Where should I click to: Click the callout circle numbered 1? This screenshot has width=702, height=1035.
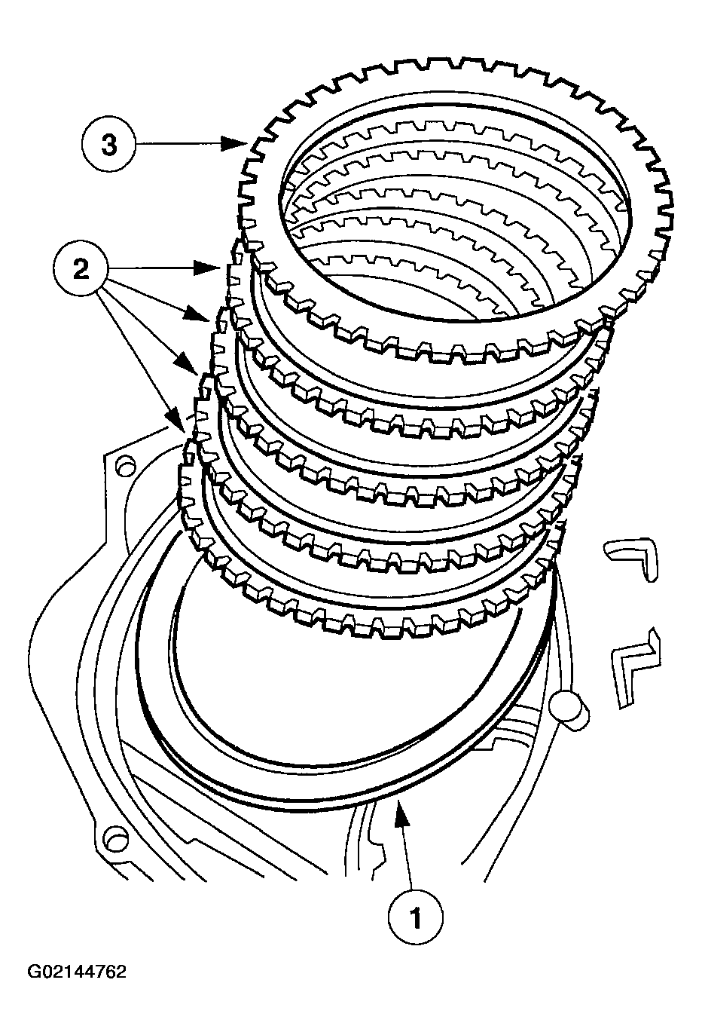[415, 917]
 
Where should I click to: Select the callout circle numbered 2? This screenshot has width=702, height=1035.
[81, 271]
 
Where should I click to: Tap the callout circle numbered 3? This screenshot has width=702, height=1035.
[109, 144]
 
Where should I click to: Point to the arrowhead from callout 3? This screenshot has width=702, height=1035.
[239, 144]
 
